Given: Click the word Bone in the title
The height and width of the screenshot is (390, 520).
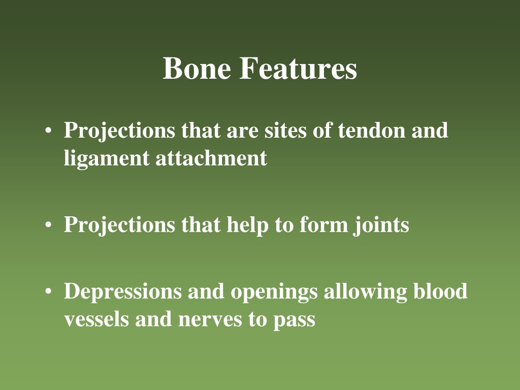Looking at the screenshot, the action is (197, 68).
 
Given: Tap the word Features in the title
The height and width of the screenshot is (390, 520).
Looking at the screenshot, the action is (298, 68).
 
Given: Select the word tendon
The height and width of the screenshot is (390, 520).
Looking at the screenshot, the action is (371, 130).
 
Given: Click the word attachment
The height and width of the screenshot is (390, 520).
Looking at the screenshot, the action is (211, 158).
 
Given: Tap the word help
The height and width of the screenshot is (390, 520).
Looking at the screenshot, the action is (247, 225).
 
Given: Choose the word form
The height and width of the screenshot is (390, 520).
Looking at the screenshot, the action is (323, 224).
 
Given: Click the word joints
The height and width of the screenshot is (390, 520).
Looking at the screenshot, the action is (381, 225).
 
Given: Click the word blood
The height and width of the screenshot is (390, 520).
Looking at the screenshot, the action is (440, 291).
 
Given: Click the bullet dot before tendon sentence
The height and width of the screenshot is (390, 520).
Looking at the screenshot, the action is (48, 131).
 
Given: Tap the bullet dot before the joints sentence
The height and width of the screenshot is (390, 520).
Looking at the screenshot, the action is (48, 225).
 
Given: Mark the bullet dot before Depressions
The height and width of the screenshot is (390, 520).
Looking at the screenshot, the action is (48, 291).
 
